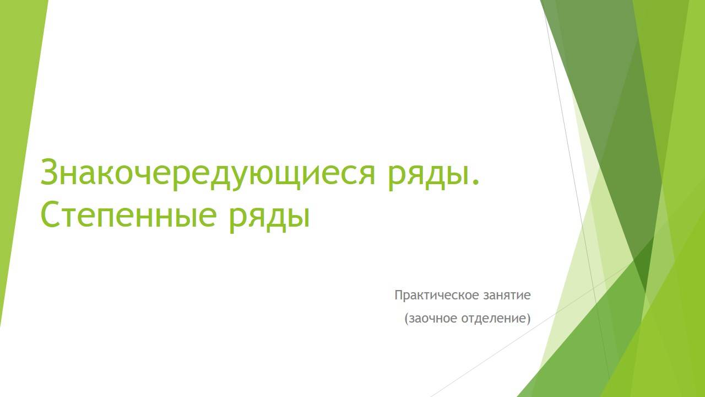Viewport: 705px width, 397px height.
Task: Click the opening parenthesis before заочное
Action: click(406, 319)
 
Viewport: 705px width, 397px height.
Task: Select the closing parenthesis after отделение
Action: click(528, 319)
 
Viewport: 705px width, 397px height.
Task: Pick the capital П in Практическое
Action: click(398, 296)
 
